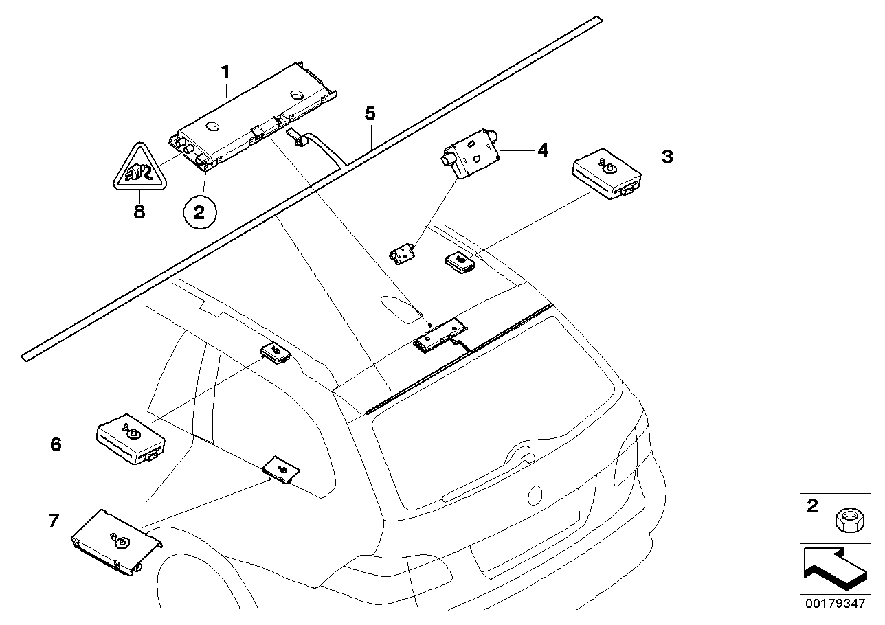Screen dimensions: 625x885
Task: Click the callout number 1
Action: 225,71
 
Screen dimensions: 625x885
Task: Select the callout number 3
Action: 666,157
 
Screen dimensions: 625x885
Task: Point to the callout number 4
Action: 543,149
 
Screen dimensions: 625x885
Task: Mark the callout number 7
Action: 55,521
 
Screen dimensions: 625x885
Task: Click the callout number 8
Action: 139,212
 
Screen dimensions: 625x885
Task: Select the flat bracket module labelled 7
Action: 115,541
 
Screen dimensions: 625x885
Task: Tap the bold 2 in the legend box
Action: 813,507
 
